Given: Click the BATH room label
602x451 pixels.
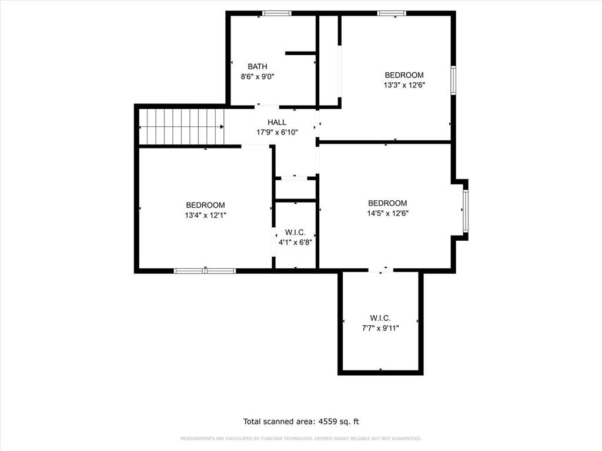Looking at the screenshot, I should tap(257, 66).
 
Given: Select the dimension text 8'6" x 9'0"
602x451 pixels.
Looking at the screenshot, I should tap(257, 76).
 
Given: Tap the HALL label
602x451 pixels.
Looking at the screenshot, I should tap(277, 122).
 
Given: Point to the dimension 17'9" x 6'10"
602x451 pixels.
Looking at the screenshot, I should tap(277, 132).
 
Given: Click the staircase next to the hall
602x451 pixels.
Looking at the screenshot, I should tap(182, 127).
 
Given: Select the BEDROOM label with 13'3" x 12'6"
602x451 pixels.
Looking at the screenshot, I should tap(404, 75).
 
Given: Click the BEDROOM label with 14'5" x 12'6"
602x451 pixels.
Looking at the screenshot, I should tap(387, 203).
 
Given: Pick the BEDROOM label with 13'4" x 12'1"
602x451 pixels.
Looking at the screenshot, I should tap(205, 205).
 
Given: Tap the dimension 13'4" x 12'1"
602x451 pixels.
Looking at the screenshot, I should tap(205, 215).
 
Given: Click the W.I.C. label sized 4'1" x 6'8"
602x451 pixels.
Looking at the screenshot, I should tap(295, 232).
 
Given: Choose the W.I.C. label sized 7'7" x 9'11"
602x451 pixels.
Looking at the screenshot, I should tap(380, 318).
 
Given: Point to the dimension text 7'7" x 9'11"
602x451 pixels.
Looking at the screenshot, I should tap(380, 328).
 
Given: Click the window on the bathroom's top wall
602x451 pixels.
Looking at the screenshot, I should tap(273, 14).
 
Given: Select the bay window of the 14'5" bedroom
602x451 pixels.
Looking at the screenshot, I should tap(465, 210).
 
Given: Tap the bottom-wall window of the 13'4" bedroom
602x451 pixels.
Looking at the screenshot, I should tap(205, 271).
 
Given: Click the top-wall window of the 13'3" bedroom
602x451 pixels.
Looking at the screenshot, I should tap(392, 14).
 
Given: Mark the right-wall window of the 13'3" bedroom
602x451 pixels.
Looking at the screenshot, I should tap(453, 80).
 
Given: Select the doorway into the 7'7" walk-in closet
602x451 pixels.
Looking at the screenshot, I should tap(381, 270).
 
